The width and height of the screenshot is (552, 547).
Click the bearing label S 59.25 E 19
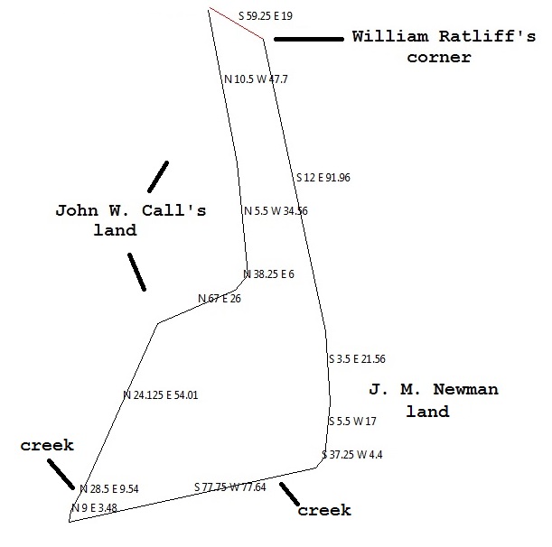(266, 15)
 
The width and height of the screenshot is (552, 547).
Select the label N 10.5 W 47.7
(256, 79)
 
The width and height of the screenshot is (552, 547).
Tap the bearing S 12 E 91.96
(323, 178)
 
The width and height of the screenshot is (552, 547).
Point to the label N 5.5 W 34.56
(276, 211)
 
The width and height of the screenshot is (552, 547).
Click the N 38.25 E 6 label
(268, 274)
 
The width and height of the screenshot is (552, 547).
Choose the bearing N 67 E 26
(220, 299)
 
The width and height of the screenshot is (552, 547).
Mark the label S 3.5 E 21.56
(357, 359)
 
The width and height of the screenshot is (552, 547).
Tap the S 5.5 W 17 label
(352, 422)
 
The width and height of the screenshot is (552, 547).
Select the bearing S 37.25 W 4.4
(352, 455)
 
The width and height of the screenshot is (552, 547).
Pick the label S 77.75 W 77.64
(230, 487)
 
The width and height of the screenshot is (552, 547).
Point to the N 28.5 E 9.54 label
(109, 489)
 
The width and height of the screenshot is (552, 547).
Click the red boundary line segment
(236, 24)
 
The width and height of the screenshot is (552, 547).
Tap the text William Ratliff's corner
(412, 47)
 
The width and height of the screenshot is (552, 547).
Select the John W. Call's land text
(131, 220)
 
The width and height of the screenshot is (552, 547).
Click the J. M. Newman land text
(434, 401)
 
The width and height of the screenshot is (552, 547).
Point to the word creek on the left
(48, 446)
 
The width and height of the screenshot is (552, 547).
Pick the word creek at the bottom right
(324, 511)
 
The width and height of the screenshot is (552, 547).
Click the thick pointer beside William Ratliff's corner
(308, 39)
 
